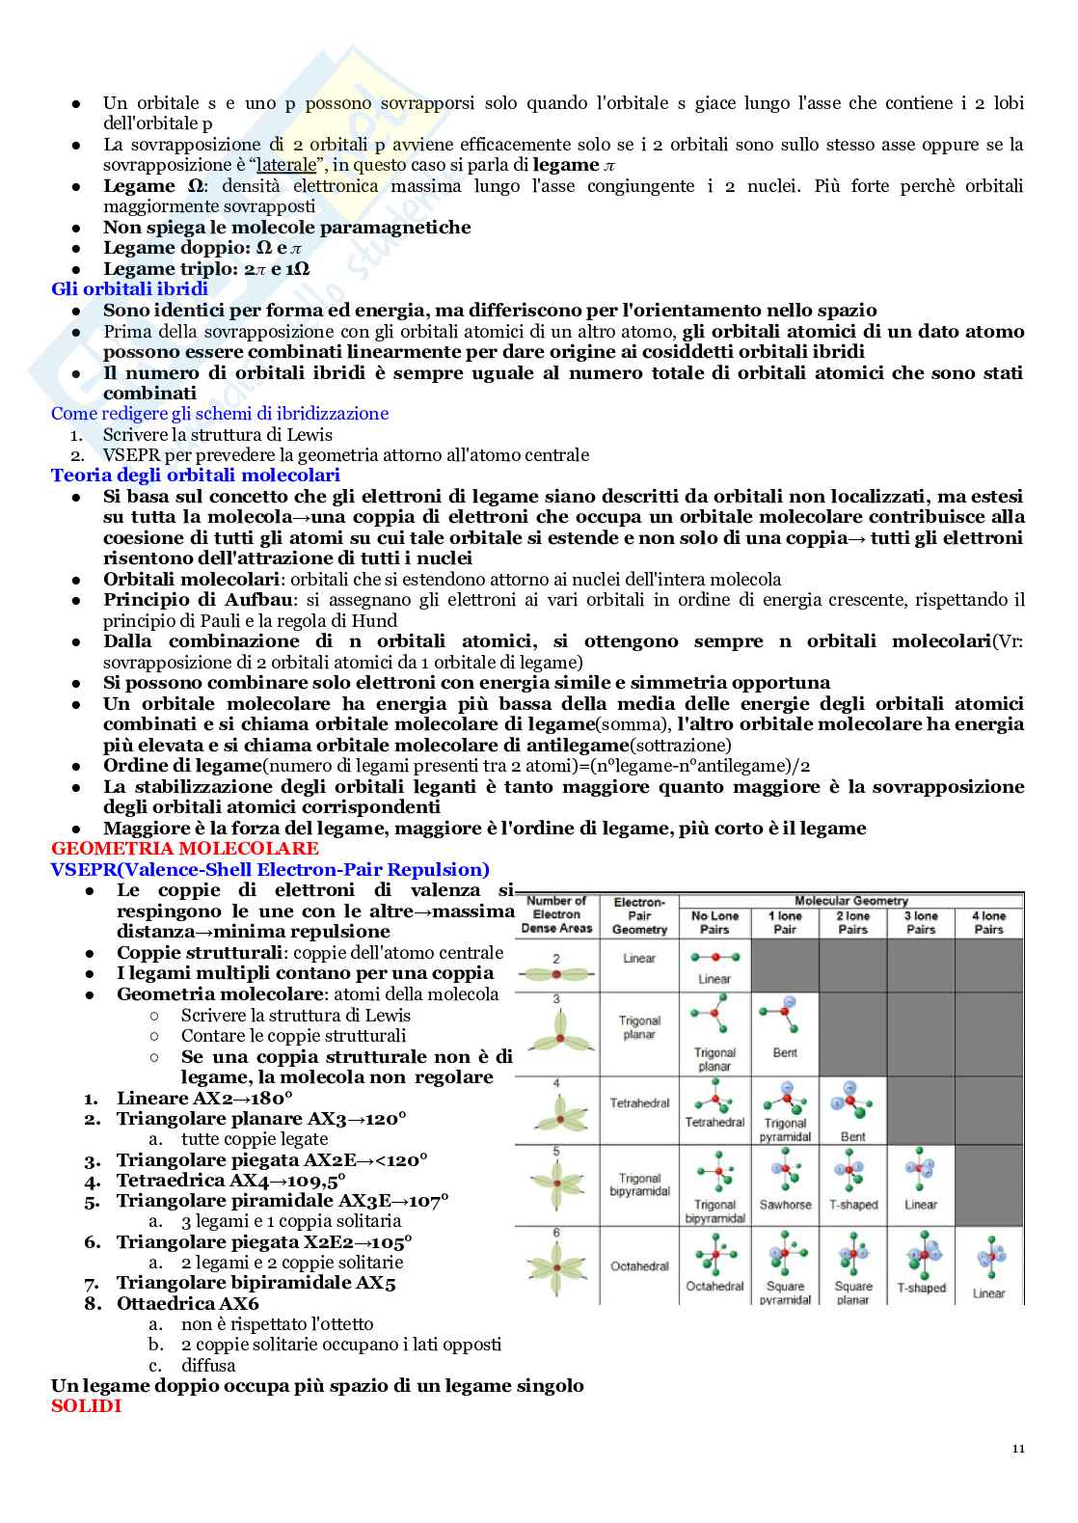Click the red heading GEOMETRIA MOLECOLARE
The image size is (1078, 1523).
click(x=184, y=849)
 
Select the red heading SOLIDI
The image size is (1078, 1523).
click(x=86, y=1406)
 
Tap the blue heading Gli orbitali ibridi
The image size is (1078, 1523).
click(x=129, y=288)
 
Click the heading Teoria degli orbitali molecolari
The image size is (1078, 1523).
click(x=195, y=476)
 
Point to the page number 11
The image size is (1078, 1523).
click(x=1019, y=1449)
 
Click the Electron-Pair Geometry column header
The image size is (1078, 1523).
click(x=639, y=916)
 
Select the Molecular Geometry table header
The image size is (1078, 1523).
click(x=850, y=901)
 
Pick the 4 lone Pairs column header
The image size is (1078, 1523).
click(x=988, y=923)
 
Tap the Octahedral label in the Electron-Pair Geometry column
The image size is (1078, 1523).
click(x=639, y=1266)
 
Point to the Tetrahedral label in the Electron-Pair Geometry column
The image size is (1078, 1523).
click(x=639, y=1103)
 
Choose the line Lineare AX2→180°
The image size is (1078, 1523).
click(x=204, y=1099)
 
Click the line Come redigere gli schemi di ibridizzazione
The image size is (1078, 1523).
click(x=220, y=414)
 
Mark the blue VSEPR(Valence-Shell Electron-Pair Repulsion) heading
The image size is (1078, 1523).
click(x=270, y=870)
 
